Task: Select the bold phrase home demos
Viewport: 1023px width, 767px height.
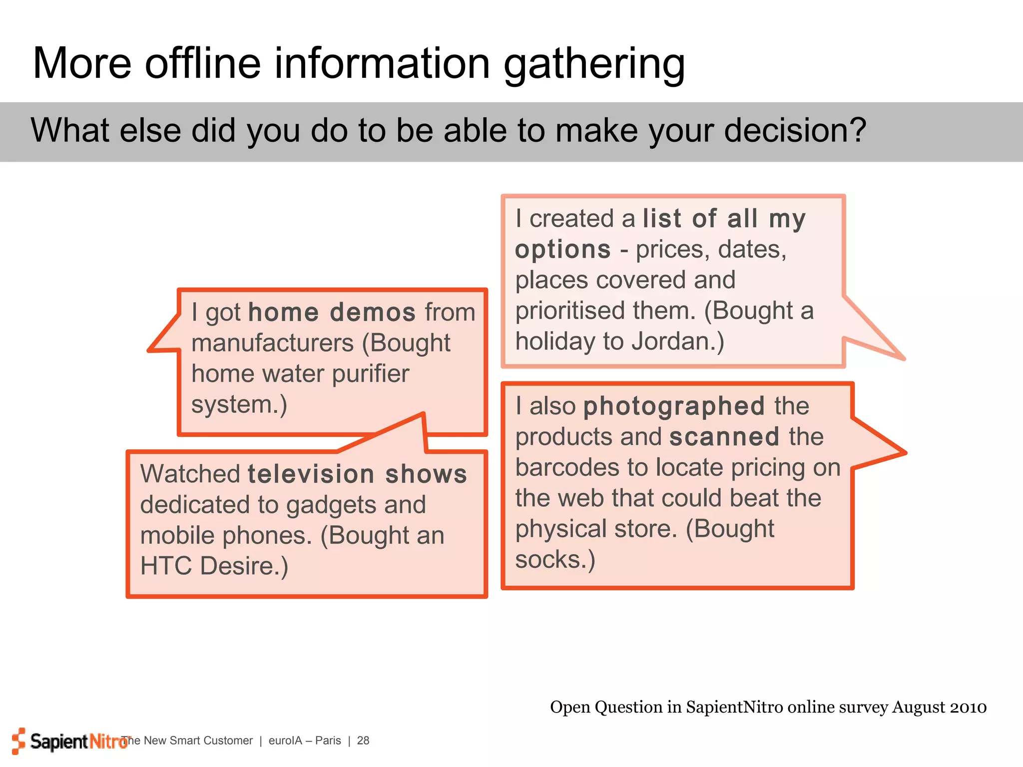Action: [332, 313]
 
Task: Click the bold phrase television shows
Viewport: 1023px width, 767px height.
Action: [357, 474]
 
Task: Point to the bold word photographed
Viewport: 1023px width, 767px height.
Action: [674, 406]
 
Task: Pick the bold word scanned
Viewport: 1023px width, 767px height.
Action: [724, 437]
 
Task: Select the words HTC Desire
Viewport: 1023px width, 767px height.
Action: [214, 566]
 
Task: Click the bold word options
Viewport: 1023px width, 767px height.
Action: [563, 250]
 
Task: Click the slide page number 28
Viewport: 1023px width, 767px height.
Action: [363, 741]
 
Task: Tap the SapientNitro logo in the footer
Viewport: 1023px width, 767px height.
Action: [70, 741]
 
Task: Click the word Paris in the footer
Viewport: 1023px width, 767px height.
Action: [328, 741]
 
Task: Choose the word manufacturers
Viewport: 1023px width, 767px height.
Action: [273, 344]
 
